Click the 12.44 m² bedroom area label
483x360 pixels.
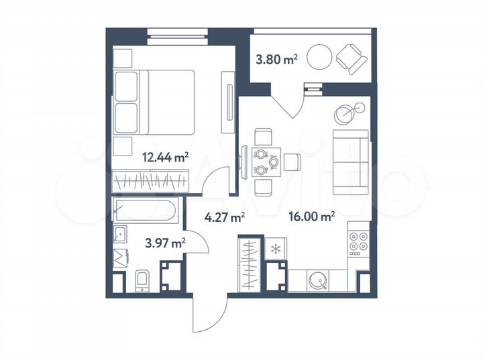tap(165, 158)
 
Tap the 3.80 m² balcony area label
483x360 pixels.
tap(276, 60)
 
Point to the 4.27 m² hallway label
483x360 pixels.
tap(224, 216)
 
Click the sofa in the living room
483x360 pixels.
tap(351, 162)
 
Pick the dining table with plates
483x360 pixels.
tap(265, 162)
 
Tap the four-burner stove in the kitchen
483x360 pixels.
tap(358, 245)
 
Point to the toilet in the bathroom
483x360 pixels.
tap(143, 280)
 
